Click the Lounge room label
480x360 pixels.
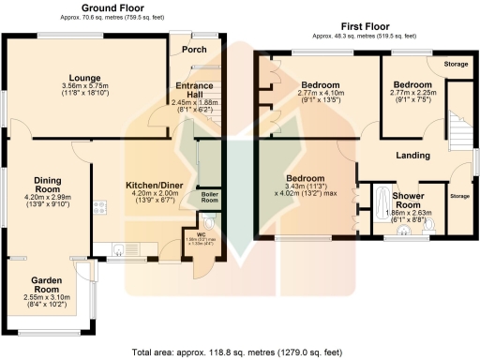83,78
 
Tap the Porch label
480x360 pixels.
194,50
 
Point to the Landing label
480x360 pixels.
412,155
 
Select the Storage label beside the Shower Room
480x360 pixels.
459,196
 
